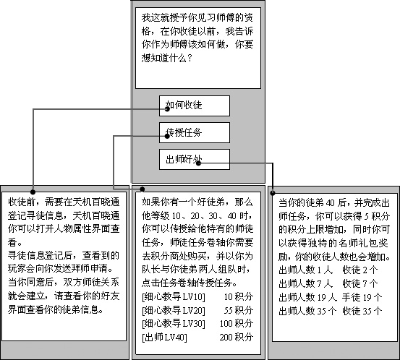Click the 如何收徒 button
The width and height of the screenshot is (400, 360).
(195, 106)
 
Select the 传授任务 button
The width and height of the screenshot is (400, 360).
(195, 132)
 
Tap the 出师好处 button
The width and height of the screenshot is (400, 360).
(195, 159)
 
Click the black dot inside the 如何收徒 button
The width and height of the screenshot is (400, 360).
(167, 109)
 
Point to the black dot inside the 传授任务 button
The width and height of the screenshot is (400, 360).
(167, 136)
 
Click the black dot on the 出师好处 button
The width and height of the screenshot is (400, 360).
(198, 163)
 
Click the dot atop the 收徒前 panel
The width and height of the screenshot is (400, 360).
(33, 192)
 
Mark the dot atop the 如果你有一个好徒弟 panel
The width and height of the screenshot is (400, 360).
(142, 189)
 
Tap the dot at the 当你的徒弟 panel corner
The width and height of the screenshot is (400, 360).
(273, 193)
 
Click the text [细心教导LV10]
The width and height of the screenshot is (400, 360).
(174, 296)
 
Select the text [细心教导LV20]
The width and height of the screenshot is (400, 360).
(174, 310)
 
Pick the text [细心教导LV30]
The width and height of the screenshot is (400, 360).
(174, 324)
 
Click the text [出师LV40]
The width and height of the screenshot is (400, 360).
(164, 338)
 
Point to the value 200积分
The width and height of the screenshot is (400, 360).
(237, 338)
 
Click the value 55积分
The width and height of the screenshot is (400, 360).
(239, 310)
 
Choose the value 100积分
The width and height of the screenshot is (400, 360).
(237, 324)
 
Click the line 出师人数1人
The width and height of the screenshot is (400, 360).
(306, 270)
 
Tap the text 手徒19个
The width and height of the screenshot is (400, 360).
(362, 297)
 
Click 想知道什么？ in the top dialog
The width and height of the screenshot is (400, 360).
(167, 58)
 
